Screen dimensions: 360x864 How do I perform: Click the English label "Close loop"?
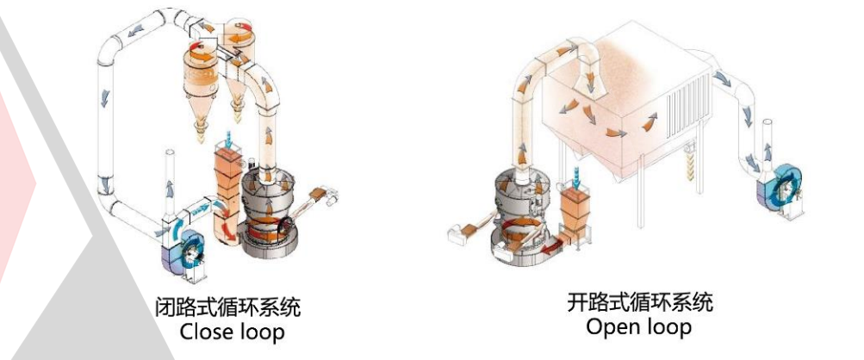[229, 331]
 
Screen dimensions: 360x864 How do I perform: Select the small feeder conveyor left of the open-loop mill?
[458, 228]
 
